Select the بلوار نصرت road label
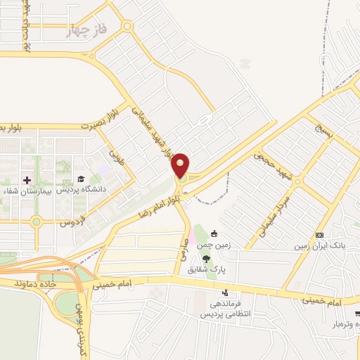97,120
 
